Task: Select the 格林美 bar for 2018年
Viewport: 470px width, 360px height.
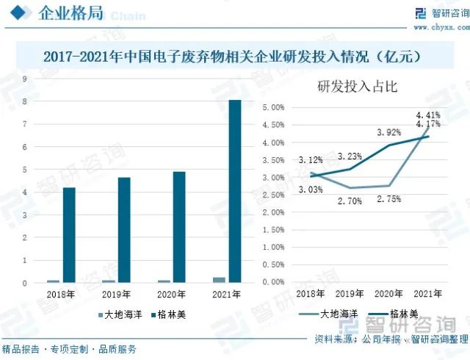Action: (x=69, y=235)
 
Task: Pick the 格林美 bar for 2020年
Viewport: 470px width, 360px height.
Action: (x=179, y=227)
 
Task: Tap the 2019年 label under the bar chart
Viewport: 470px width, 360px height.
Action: (x=116, y=295)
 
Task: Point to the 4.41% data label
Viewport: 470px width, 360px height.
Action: (x=428, y=115)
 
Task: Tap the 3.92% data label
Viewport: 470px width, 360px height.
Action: (x=389, y=133)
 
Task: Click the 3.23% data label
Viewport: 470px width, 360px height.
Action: (x=350, y=156)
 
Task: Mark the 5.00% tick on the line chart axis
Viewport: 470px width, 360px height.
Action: (x=272, y=107)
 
